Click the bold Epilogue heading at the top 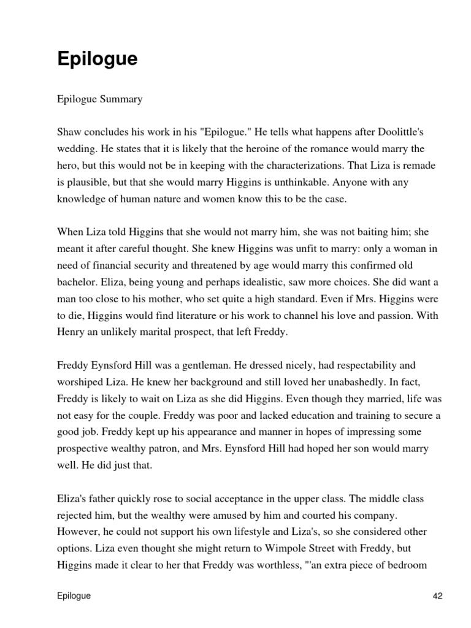coord(97,59)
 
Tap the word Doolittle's coord(410,133)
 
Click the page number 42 coord(437,595)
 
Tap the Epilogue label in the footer coord(74,595)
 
